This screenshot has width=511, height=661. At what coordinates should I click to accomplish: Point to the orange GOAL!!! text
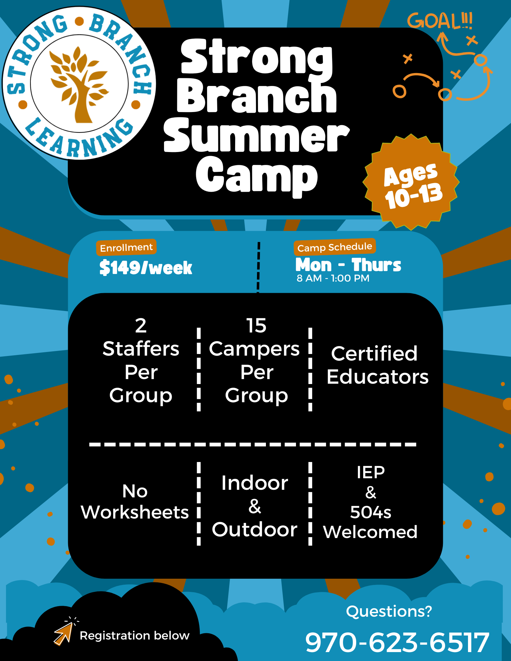pos(440,21)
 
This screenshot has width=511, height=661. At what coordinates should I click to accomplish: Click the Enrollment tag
pos(126,248)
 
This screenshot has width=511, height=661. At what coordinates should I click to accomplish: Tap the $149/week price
pos(146,268)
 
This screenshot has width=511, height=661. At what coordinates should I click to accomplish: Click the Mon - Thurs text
pos(348,265)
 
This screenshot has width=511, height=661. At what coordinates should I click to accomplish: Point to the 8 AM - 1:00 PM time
pos(333,278)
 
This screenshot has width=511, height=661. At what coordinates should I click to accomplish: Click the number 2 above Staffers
pos(141,326)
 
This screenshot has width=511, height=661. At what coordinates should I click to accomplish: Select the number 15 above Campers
pos(256,326)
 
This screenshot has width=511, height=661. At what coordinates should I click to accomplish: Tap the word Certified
pos(374,354)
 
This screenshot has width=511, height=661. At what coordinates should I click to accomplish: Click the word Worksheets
pos(135,512)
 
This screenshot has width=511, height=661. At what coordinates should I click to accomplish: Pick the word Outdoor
pos(254,530)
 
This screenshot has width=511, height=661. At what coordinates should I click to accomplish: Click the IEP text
pos(371,472)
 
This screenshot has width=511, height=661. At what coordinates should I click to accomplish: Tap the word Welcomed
pos(370,532)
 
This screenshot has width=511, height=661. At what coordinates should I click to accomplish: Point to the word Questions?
pos(389,611)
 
